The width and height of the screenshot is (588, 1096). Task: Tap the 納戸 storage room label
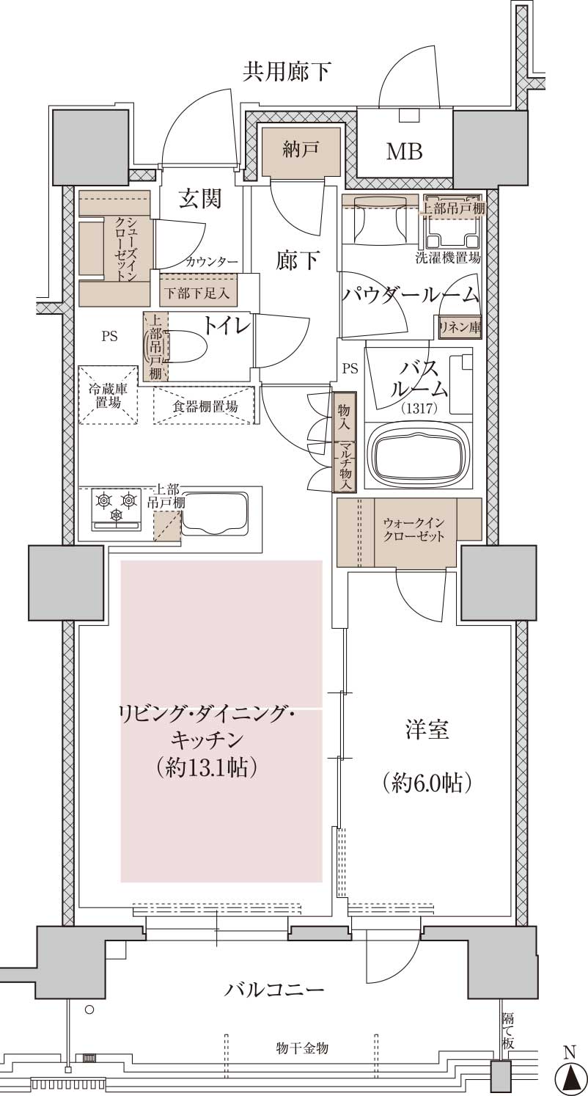[301, 148]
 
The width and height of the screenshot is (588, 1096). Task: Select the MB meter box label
[404, 152]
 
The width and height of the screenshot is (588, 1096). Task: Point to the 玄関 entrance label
[200, 200]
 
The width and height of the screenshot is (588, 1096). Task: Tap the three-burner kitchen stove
[117, 510]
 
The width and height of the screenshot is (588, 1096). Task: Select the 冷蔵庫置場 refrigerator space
[108, 395]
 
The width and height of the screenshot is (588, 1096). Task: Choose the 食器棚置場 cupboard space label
[205, 406]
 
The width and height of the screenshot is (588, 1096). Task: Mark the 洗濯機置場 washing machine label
[448, 258]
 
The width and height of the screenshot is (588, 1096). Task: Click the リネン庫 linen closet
[460, 326]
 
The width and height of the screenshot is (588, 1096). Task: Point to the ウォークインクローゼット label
[414, 530]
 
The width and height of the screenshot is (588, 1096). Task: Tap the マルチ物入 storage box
[345, 467]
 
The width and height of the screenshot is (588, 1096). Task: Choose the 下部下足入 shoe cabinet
[198, 293]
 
